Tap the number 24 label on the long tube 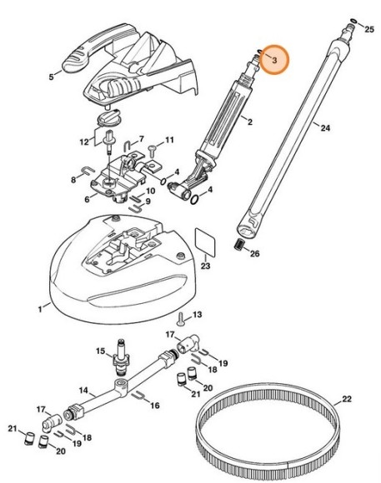pos(325,128)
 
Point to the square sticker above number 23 pos(205,242)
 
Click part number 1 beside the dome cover pos(39,310)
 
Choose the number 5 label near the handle pos(52,76)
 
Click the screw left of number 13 pos(179,317)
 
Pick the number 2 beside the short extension pos(248,122)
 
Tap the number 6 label pos(88,198)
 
